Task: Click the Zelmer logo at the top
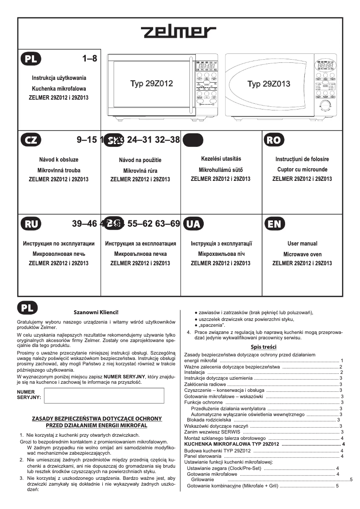point(179,32)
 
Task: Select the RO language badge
point(274,140)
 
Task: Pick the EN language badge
point(274,224)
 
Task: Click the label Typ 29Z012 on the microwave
point(151,83)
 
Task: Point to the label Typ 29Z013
point(269,84)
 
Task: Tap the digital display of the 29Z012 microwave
point(206,66)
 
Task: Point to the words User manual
point(302,244)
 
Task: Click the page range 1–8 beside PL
point(89,58)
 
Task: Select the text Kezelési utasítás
point(221,159)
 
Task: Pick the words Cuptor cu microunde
point(302,170)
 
